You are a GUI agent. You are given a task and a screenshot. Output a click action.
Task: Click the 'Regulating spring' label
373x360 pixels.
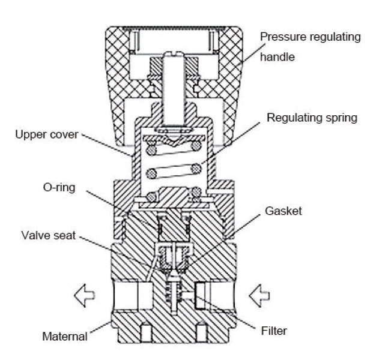(x=312, y=118)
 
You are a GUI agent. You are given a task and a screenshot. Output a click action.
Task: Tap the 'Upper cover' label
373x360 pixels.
(x=47, y=134)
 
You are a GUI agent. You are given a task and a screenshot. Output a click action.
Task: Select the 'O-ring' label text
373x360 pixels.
(x=59, y=187)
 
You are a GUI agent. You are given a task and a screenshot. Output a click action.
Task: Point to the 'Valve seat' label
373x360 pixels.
(x=48, y=235)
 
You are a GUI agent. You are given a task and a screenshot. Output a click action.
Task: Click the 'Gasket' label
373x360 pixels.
(x=284, y=211)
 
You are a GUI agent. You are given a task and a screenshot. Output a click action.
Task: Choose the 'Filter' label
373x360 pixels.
(x=274, y=331)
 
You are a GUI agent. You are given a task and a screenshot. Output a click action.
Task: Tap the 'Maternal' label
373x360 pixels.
(x=65, y=337)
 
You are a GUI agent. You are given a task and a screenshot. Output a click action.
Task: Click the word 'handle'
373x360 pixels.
(x=277, y=57)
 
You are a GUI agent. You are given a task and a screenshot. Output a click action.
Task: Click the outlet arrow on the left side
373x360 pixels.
(x=85, y=295)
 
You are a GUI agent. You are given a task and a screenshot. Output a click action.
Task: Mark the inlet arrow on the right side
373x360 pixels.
(x=259, y=295)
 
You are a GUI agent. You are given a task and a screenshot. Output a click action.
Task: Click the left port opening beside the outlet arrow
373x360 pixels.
(x=132, y=295)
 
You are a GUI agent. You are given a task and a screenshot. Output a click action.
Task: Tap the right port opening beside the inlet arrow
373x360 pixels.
(x=214, y=295)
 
